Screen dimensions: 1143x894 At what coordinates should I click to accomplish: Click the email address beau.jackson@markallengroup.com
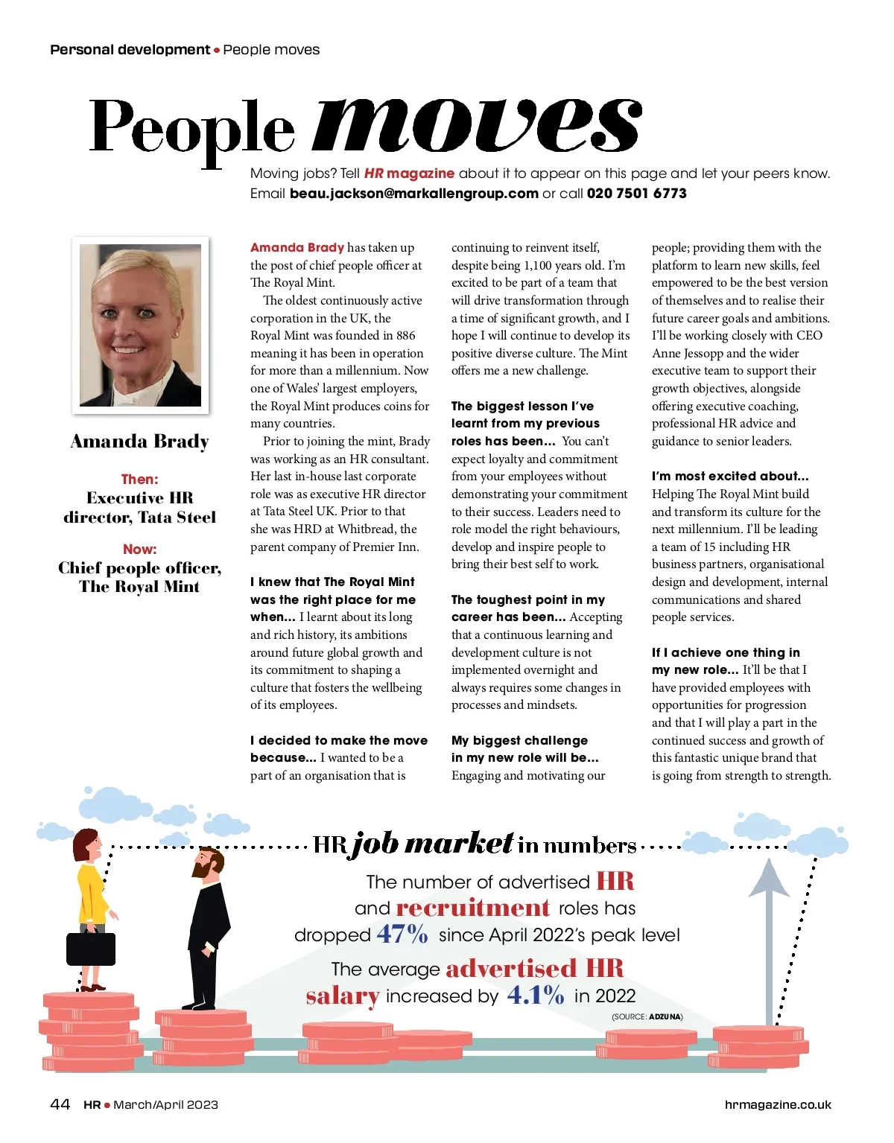click(413, 194)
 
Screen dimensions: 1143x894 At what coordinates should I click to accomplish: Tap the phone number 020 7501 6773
click(636, 194)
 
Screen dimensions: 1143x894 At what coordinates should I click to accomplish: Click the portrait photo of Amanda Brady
click(140, 325)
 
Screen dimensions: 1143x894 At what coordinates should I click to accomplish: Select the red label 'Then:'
click(140, 479)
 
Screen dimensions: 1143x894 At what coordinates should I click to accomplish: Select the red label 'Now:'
click(140, 549)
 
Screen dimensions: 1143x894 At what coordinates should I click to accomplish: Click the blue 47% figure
click(402, 934)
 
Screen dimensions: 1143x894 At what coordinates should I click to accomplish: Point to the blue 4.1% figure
click(536, 995)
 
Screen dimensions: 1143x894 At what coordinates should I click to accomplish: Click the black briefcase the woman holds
click(91, 948)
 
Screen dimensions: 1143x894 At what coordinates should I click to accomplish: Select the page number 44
click(60, 1104)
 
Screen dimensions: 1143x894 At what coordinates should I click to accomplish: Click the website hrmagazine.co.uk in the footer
click(777, 1105)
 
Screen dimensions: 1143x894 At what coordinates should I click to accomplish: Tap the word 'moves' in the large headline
click(477, 125)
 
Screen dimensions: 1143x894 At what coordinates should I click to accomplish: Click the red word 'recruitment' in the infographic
click(473, 908)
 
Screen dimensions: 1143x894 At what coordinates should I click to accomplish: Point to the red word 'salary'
click(343, 996)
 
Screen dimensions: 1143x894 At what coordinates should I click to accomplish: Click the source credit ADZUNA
click(665, 1016)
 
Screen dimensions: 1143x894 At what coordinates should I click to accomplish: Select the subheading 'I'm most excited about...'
click(730, 476)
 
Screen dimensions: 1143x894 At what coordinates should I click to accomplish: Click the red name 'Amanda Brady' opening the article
click(297, 247)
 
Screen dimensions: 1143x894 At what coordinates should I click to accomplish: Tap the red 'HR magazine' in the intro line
click(409, 173)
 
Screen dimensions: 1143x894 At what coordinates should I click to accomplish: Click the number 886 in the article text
click(406, 336)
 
